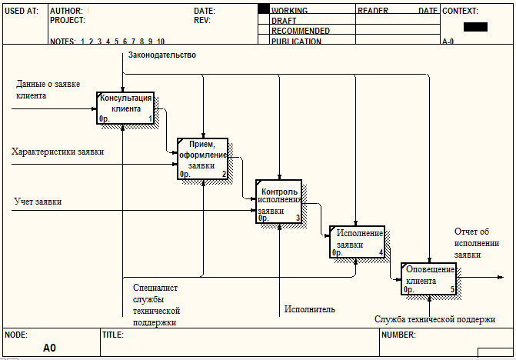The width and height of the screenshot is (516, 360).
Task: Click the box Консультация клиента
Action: pos(125,108)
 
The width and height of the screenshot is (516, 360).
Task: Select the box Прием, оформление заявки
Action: pos(203,158)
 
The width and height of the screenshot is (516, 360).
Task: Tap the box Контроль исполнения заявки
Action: pos(278,202)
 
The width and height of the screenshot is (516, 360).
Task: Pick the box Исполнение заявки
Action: pos(357,242)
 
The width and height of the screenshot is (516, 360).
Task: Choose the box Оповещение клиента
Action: pos(428,279)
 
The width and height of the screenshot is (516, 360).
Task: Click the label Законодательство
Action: pos(161,55)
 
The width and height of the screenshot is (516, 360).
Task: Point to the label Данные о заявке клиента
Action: pos(47,89)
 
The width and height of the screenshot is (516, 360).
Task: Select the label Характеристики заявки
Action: pos(58,152)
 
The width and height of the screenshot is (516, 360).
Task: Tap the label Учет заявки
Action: pos(38,202)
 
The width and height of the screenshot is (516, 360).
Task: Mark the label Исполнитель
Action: pos(309,309)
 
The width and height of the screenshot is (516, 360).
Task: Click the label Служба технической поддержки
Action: pos(434,318)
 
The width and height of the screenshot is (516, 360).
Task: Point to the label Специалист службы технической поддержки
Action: pos(156,305)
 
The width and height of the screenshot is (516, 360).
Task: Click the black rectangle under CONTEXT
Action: pos(475,27)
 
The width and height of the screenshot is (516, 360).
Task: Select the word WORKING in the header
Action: pos(289,12)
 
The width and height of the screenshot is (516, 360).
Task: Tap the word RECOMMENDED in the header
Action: pos(301,32)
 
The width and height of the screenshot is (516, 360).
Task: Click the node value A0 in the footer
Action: pos(49,348)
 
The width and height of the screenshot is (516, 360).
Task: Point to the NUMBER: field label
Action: pos(398,335)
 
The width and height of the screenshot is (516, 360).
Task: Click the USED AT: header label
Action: pos(21,12)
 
